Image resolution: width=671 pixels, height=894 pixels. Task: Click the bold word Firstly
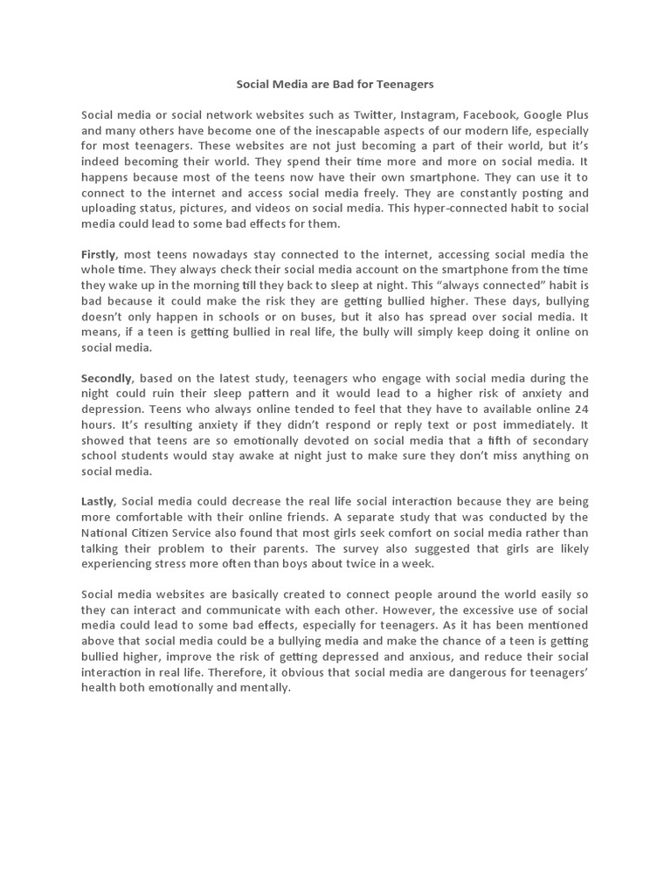99,253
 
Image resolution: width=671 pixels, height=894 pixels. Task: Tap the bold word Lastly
97,501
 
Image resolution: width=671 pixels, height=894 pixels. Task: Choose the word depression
111,409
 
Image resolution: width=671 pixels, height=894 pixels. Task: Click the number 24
581,409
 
